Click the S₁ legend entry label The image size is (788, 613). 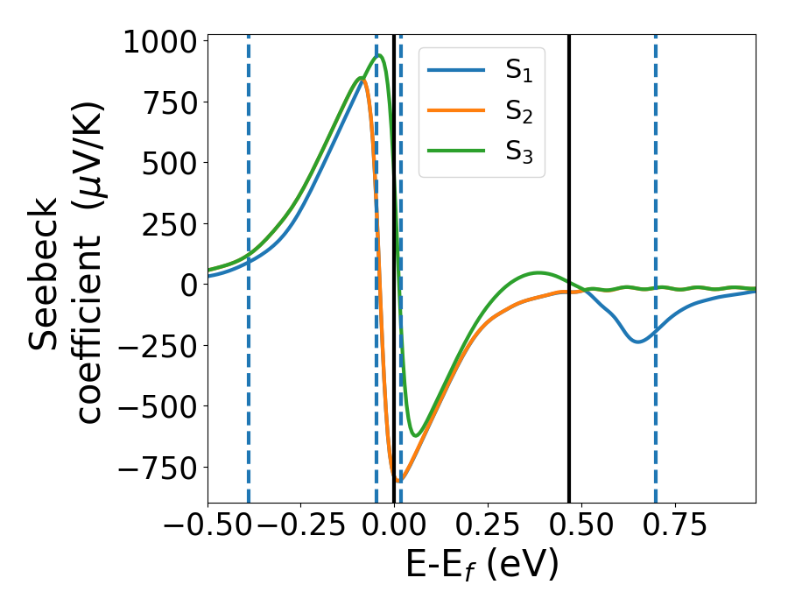point(519,71)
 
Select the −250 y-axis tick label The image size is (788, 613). point(161,346)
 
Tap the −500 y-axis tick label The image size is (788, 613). point(161,406)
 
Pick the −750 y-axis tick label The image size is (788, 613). point(161,468)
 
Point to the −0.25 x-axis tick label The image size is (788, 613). point(300,526)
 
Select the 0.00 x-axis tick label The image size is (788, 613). point(394,526)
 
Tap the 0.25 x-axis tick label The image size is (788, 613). point(487,526)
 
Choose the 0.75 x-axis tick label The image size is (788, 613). point(673,526)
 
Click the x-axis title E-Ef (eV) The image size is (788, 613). point(482,566)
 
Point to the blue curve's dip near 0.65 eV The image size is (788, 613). point(637,341)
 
